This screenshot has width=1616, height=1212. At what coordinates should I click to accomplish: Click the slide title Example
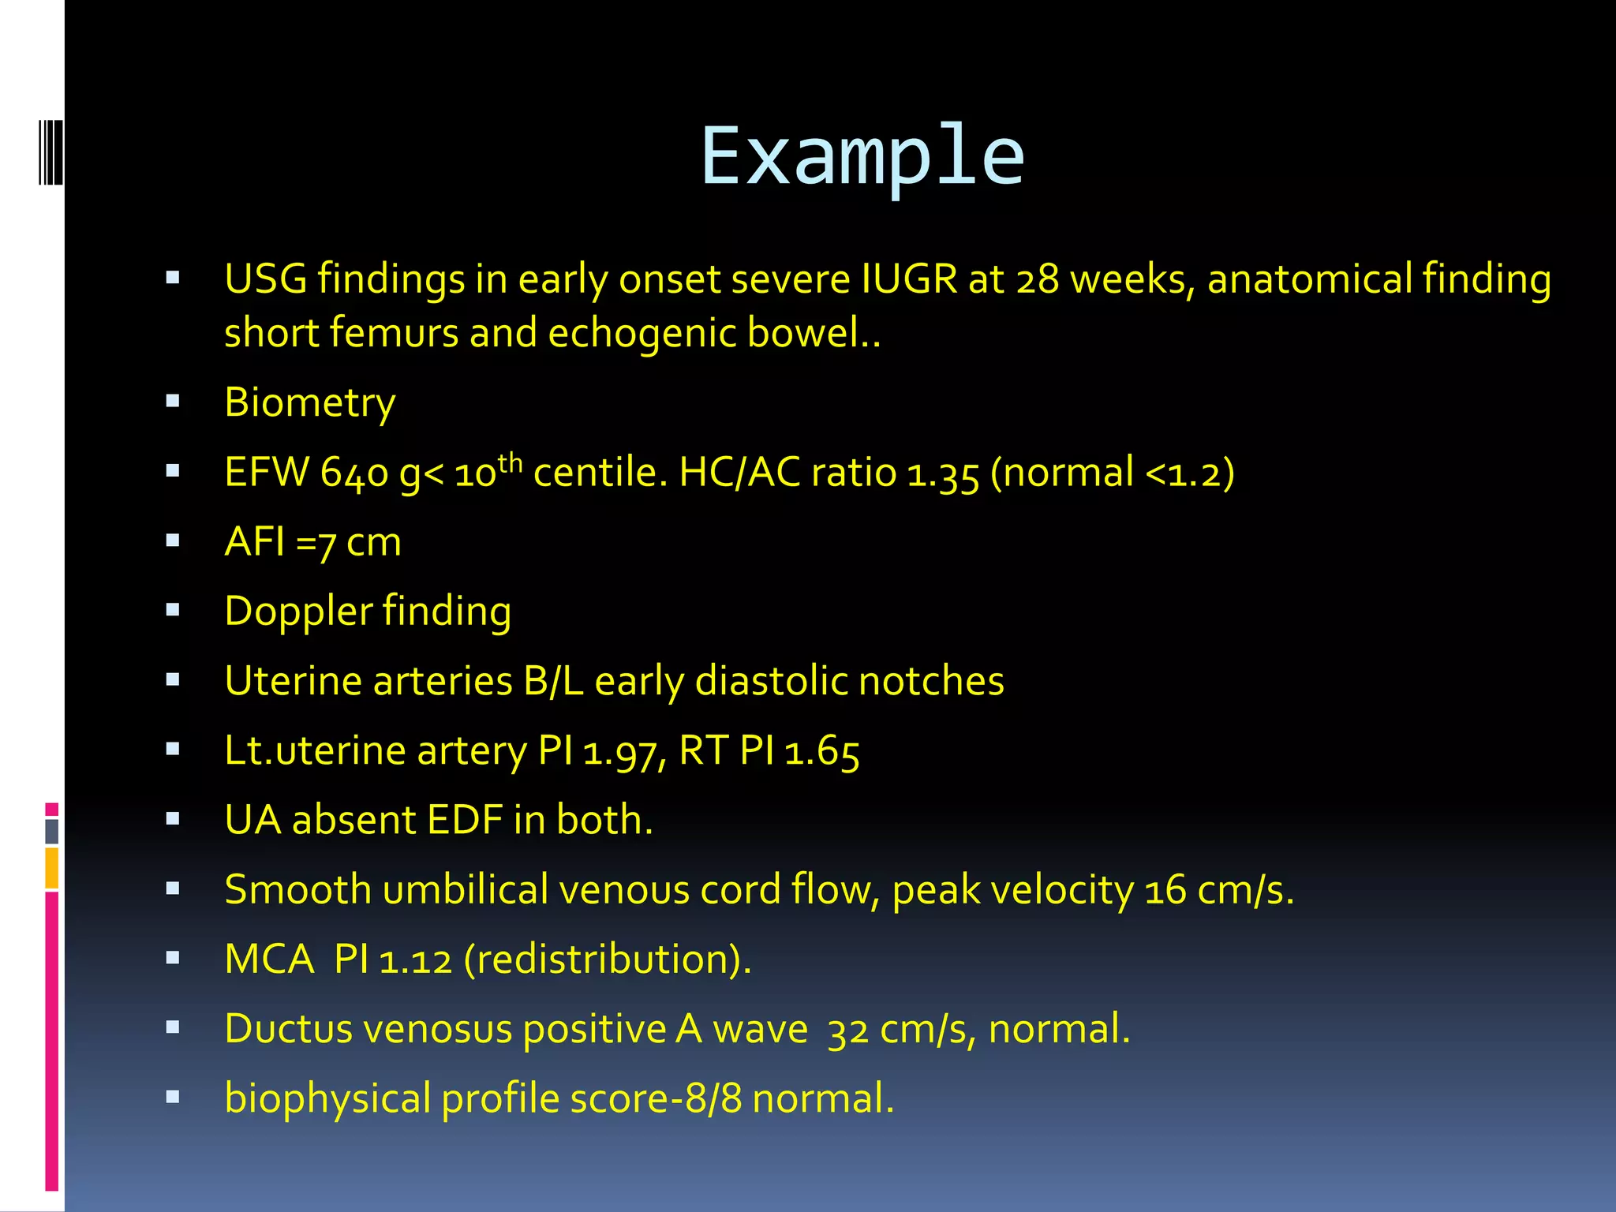click(862, 158)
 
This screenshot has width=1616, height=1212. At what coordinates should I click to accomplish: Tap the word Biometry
click(309, 403)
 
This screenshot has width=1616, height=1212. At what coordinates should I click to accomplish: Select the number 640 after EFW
click(354, 473)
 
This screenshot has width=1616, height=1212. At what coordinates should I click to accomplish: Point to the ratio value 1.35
click(942, 473)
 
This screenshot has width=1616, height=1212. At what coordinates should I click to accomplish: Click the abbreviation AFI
click(254, 542)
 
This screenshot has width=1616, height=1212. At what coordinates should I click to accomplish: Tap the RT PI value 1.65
click(821, 751)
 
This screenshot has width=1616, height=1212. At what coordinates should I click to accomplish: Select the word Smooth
click(297, 890)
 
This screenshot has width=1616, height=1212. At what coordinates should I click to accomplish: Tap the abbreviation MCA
click(269, 959)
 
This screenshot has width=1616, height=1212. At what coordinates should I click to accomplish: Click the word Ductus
click(288, 1029)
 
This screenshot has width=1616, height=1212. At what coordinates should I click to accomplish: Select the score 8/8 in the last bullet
click(713, 1098)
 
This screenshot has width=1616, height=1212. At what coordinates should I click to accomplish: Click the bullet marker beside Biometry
click(173, 402)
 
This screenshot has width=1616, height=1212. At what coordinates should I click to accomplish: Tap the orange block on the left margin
click(51, 868)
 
